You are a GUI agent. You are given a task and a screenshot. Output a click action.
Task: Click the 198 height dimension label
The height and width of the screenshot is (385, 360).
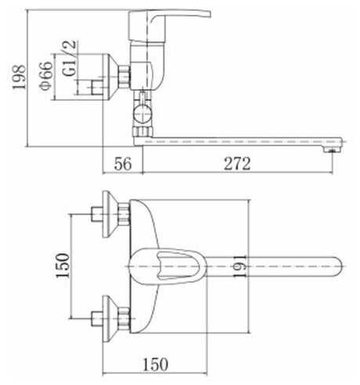pyautogui.click(x=20, y=77)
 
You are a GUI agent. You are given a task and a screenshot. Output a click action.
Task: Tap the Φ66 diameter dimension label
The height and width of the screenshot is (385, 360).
pyautogui.click(x=46, y=76)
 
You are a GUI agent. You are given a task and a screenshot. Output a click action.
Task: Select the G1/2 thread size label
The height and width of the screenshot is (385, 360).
pyautogui.click(x=69, y=58)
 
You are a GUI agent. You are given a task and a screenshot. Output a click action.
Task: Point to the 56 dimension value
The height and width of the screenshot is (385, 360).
pyautogui.click(x=123, y=164)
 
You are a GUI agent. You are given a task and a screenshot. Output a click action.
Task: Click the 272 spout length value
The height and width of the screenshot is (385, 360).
pyautogui.click(x=237, y=164)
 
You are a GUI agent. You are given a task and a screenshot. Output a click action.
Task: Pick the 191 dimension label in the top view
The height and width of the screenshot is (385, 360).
pyautogui.click(x=239, y=266)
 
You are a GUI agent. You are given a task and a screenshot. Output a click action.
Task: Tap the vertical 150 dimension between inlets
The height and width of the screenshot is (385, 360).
pyautogui.click(x=63, y=265)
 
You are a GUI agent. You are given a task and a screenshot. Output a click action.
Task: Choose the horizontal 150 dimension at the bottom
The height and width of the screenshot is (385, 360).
pyautogui.click(x=156, y=364)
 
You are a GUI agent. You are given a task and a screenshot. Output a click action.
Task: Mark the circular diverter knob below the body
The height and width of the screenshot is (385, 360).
pyautogui.click(x=142, y=114)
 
